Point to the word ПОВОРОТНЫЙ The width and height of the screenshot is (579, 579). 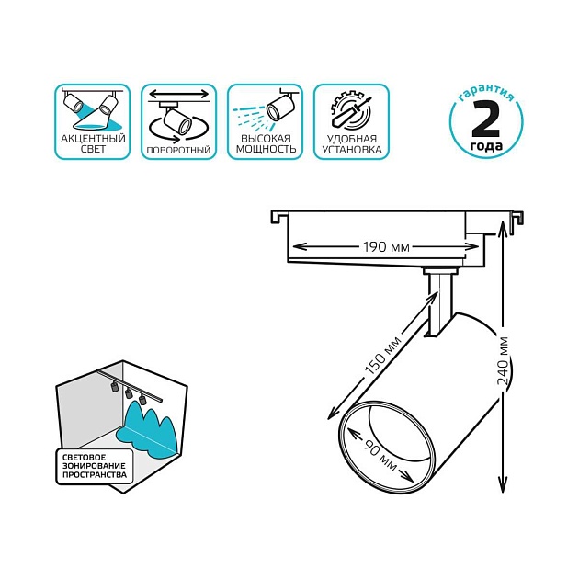click(178, 149)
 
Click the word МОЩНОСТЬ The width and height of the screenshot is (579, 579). click(266, 148)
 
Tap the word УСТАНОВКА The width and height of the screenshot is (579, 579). click(351, 148)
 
